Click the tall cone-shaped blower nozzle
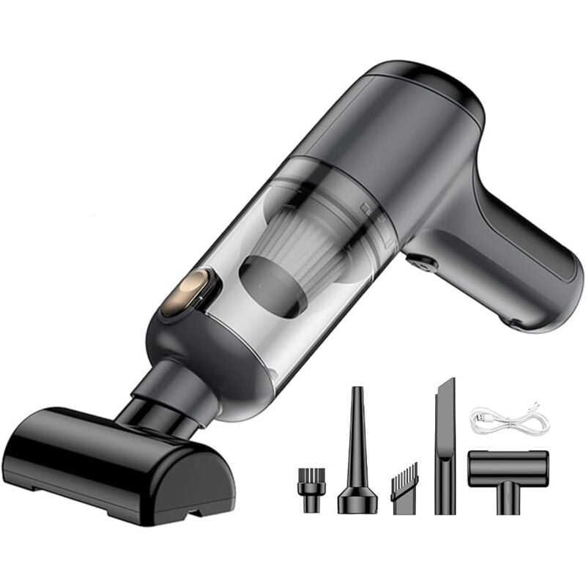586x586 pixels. (357, 454)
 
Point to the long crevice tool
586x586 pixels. (445, 447)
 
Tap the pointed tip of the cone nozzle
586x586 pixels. (357, 392)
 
